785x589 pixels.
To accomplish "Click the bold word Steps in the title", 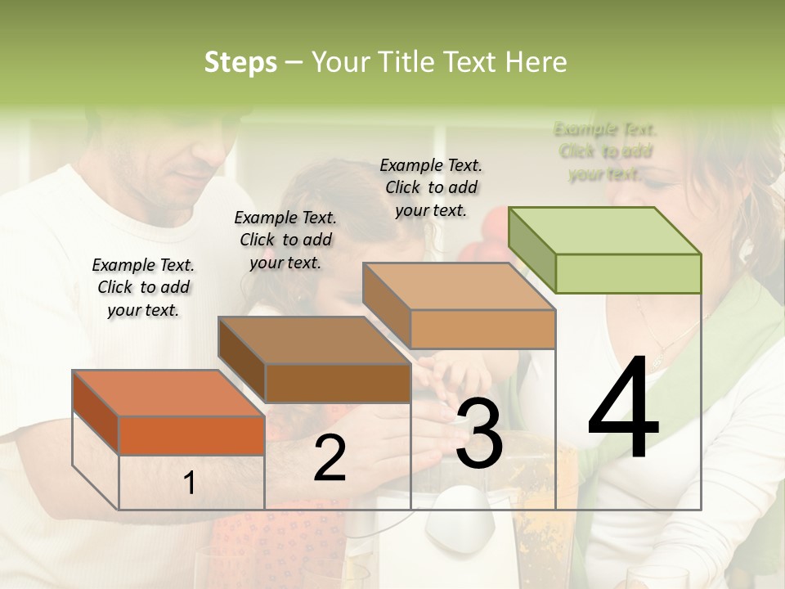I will [240, 62].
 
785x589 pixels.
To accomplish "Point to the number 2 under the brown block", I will [330, 457].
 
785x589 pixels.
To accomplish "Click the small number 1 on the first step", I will [189, 483].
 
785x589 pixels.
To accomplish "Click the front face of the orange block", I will [191, 435].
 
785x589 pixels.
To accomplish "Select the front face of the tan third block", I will [482, 329].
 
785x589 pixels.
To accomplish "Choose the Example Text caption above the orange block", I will [143, 287].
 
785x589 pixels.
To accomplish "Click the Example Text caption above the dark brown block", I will [285, 240].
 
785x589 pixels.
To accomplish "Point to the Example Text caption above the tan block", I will [431, 187].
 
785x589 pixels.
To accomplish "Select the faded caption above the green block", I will [605, 151].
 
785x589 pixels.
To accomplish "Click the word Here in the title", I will [536, 62].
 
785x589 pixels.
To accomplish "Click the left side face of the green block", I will [532, 249].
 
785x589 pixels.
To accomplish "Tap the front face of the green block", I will [628, 272].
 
